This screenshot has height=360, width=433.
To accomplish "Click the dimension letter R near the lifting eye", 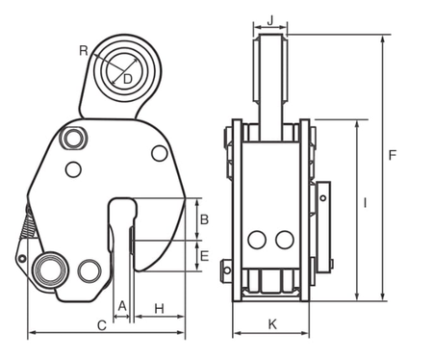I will point(85,49).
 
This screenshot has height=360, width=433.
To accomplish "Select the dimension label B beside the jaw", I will point(203,219).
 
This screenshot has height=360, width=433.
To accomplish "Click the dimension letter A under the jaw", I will point(121,306).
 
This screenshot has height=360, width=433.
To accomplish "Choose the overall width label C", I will point(102,326).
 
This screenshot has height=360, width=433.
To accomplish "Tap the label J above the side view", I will point(270,19).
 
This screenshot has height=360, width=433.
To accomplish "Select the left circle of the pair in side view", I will point(257,239).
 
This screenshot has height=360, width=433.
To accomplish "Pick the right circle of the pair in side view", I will point(282,239).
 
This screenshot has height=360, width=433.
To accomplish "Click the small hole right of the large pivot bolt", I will point(89,270).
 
